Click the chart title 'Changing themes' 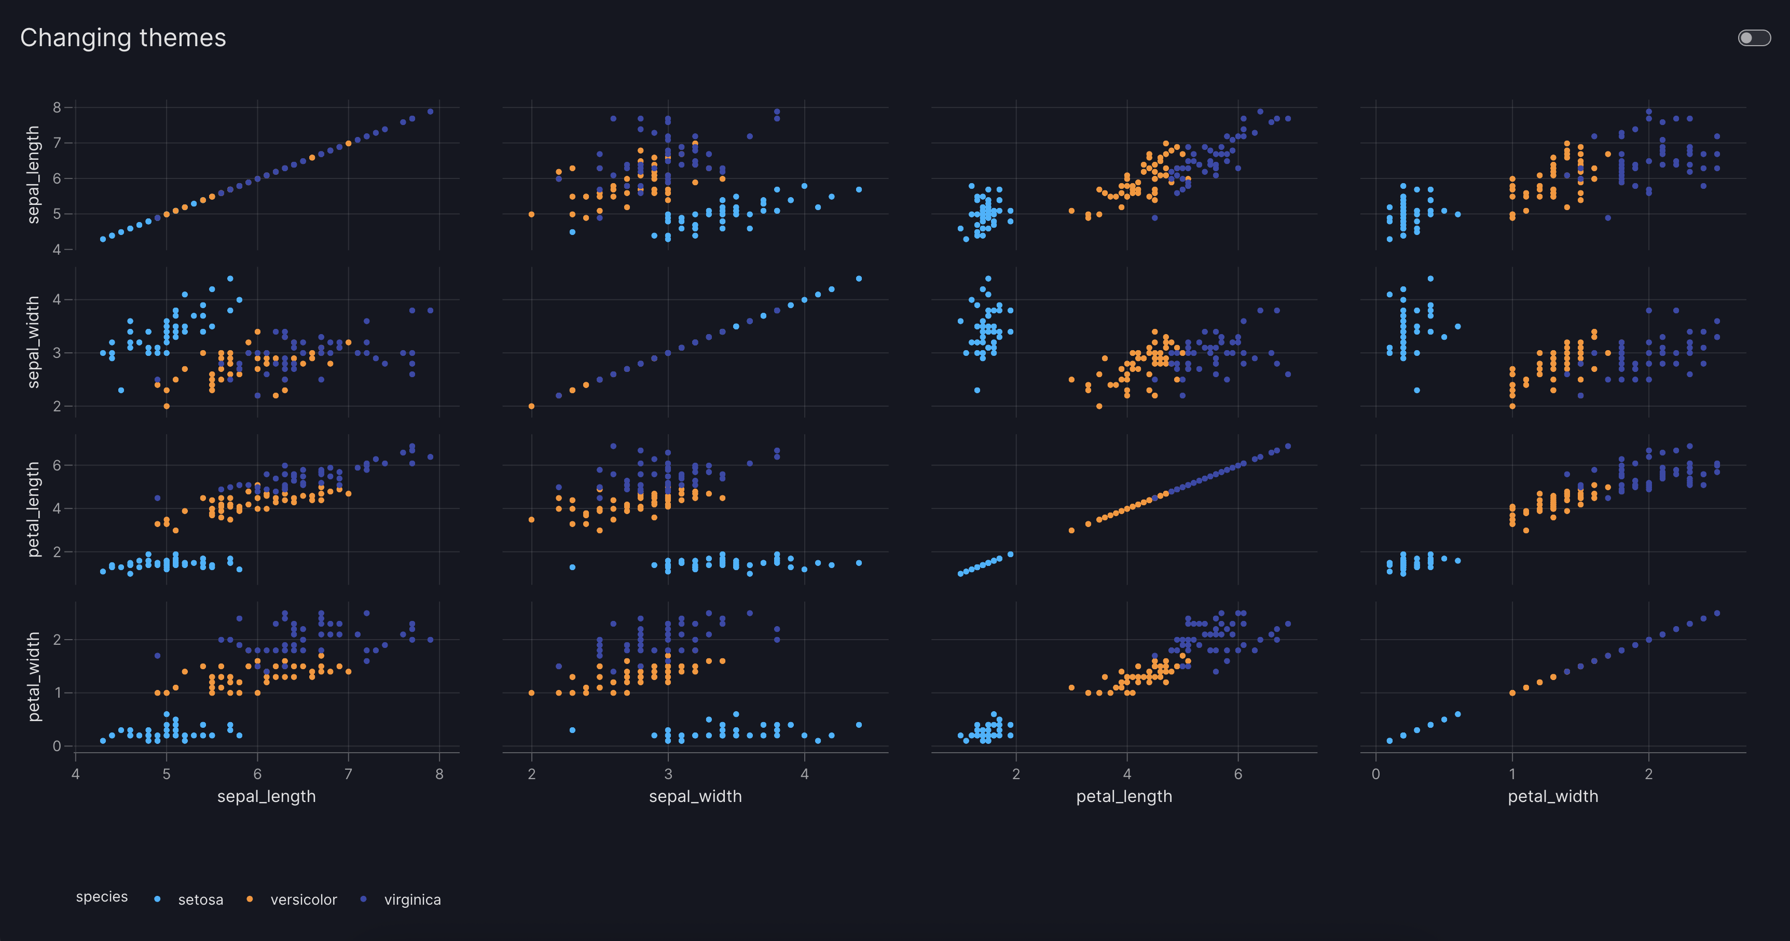[x=123, y=37]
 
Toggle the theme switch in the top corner [x=1754, y=37]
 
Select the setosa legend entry [x=200, y=900]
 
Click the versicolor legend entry [x=303, y=900]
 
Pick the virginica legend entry [x=412, y=900]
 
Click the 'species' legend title [x=102, y=896]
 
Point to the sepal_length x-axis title [x=266, y=796]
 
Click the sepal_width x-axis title [x=695, y=796]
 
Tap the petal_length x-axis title [x=1124, y=796]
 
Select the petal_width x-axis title [x=1552, y=796]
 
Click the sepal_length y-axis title [x=33, y=174]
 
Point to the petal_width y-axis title [x=33, y=676]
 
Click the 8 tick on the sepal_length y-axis [x=57, y=107]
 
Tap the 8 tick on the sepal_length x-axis [x=439, y=774]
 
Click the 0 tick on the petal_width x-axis [x=1376, y=774]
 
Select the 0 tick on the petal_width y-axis [x=57, y=746]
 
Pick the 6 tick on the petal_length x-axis [x=1237, y=774]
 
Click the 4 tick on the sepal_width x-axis [x=805, y=774]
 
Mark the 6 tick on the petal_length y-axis [x=57, y=465]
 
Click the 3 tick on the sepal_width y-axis [x=57, y=353]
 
